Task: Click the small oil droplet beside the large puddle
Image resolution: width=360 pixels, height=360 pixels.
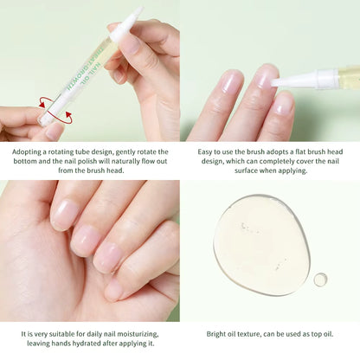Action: (x=320, y=280)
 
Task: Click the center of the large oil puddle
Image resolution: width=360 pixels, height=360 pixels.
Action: (x=261, y=244)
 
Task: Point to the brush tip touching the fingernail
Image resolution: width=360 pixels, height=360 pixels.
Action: (x=276, y=82)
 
